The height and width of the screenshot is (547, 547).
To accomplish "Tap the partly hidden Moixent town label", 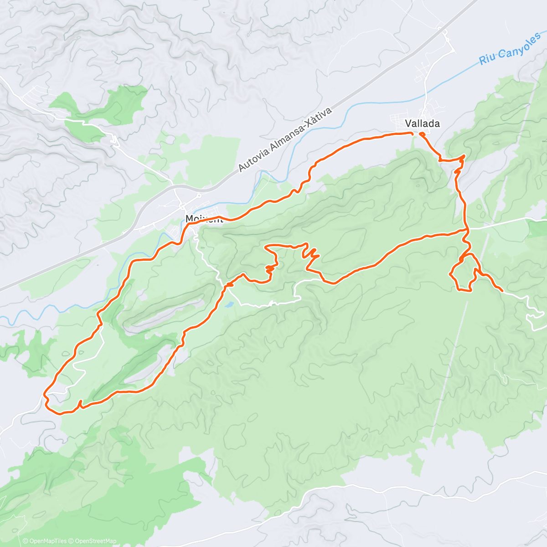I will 203,219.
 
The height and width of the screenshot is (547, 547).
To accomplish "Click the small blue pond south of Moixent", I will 229,304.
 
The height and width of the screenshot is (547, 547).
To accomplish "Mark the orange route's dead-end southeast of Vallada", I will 502,290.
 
